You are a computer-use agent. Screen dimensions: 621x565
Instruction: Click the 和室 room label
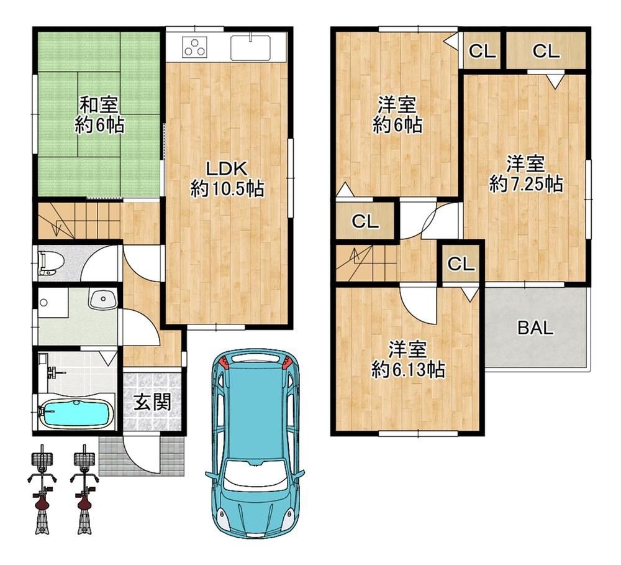tap(99, 106)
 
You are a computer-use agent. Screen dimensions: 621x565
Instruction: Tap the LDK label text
tap(227, 168)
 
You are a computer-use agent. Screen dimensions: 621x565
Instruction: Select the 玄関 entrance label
tap(152, 402)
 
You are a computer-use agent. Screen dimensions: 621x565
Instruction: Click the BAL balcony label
tap(535, 328)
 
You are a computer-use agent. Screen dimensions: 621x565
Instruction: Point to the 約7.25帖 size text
tap(525, 185)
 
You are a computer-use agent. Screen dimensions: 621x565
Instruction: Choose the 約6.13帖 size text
tap(408, 370)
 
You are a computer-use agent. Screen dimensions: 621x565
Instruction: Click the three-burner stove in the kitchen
tap(194, 46)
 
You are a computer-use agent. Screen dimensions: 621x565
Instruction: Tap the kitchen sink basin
tap(251, 47)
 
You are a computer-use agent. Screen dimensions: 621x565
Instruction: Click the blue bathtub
tap(75, 413)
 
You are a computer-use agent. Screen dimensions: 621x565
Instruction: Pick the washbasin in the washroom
tap(103, 299)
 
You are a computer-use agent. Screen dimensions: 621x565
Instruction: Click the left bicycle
tap(42, 490)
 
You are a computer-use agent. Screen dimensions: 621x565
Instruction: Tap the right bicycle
tap(84, 490)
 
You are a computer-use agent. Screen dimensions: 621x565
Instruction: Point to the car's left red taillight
tap(224, 362)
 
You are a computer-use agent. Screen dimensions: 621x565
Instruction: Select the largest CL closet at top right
tap(546, 51)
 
